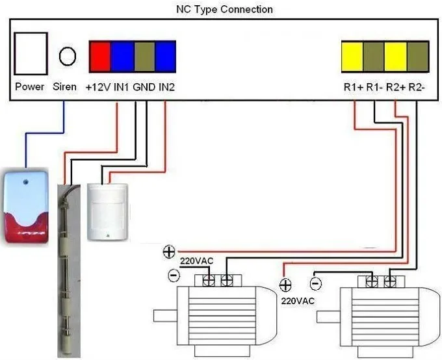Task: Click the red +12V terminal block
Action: (x=100, y=57)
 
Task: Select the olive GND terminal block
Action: (x=144, y=57)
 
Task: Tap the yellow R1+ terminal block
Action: (x=352, y=57)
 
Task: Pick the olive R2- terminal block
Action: (x=418, y=57)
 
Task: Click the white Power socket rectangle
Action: (x=31, y=53)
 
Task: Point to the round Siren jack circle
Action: (x=68, y=56)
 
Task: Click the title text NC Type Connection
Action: (x=224, y=9)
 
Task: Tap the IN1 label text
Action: (x=121, y=87)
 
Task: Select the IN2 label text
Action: (x=167, y=87)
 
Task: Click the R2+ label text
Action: (x=395, y=87)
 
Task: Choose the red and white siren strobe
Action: (x=26, y=207)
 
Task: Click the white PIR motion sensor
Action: (x=107, y=212)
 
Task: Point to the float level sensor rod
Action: (x=69, y=270)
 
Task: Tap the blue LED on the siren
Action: (x=26, y=182)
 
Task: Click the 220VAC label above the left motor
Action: (x=196, y=261)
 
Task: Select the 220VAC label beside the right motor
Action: (x=298, y=301)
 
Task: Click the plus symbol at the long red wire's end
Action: (x=169, y=251)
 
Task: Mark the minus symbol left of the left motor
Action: (x=174, y=275)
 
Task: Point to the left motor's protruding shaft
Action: (x=165, y=316)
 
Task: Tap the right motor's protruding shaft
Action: (x=328, y=316)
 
